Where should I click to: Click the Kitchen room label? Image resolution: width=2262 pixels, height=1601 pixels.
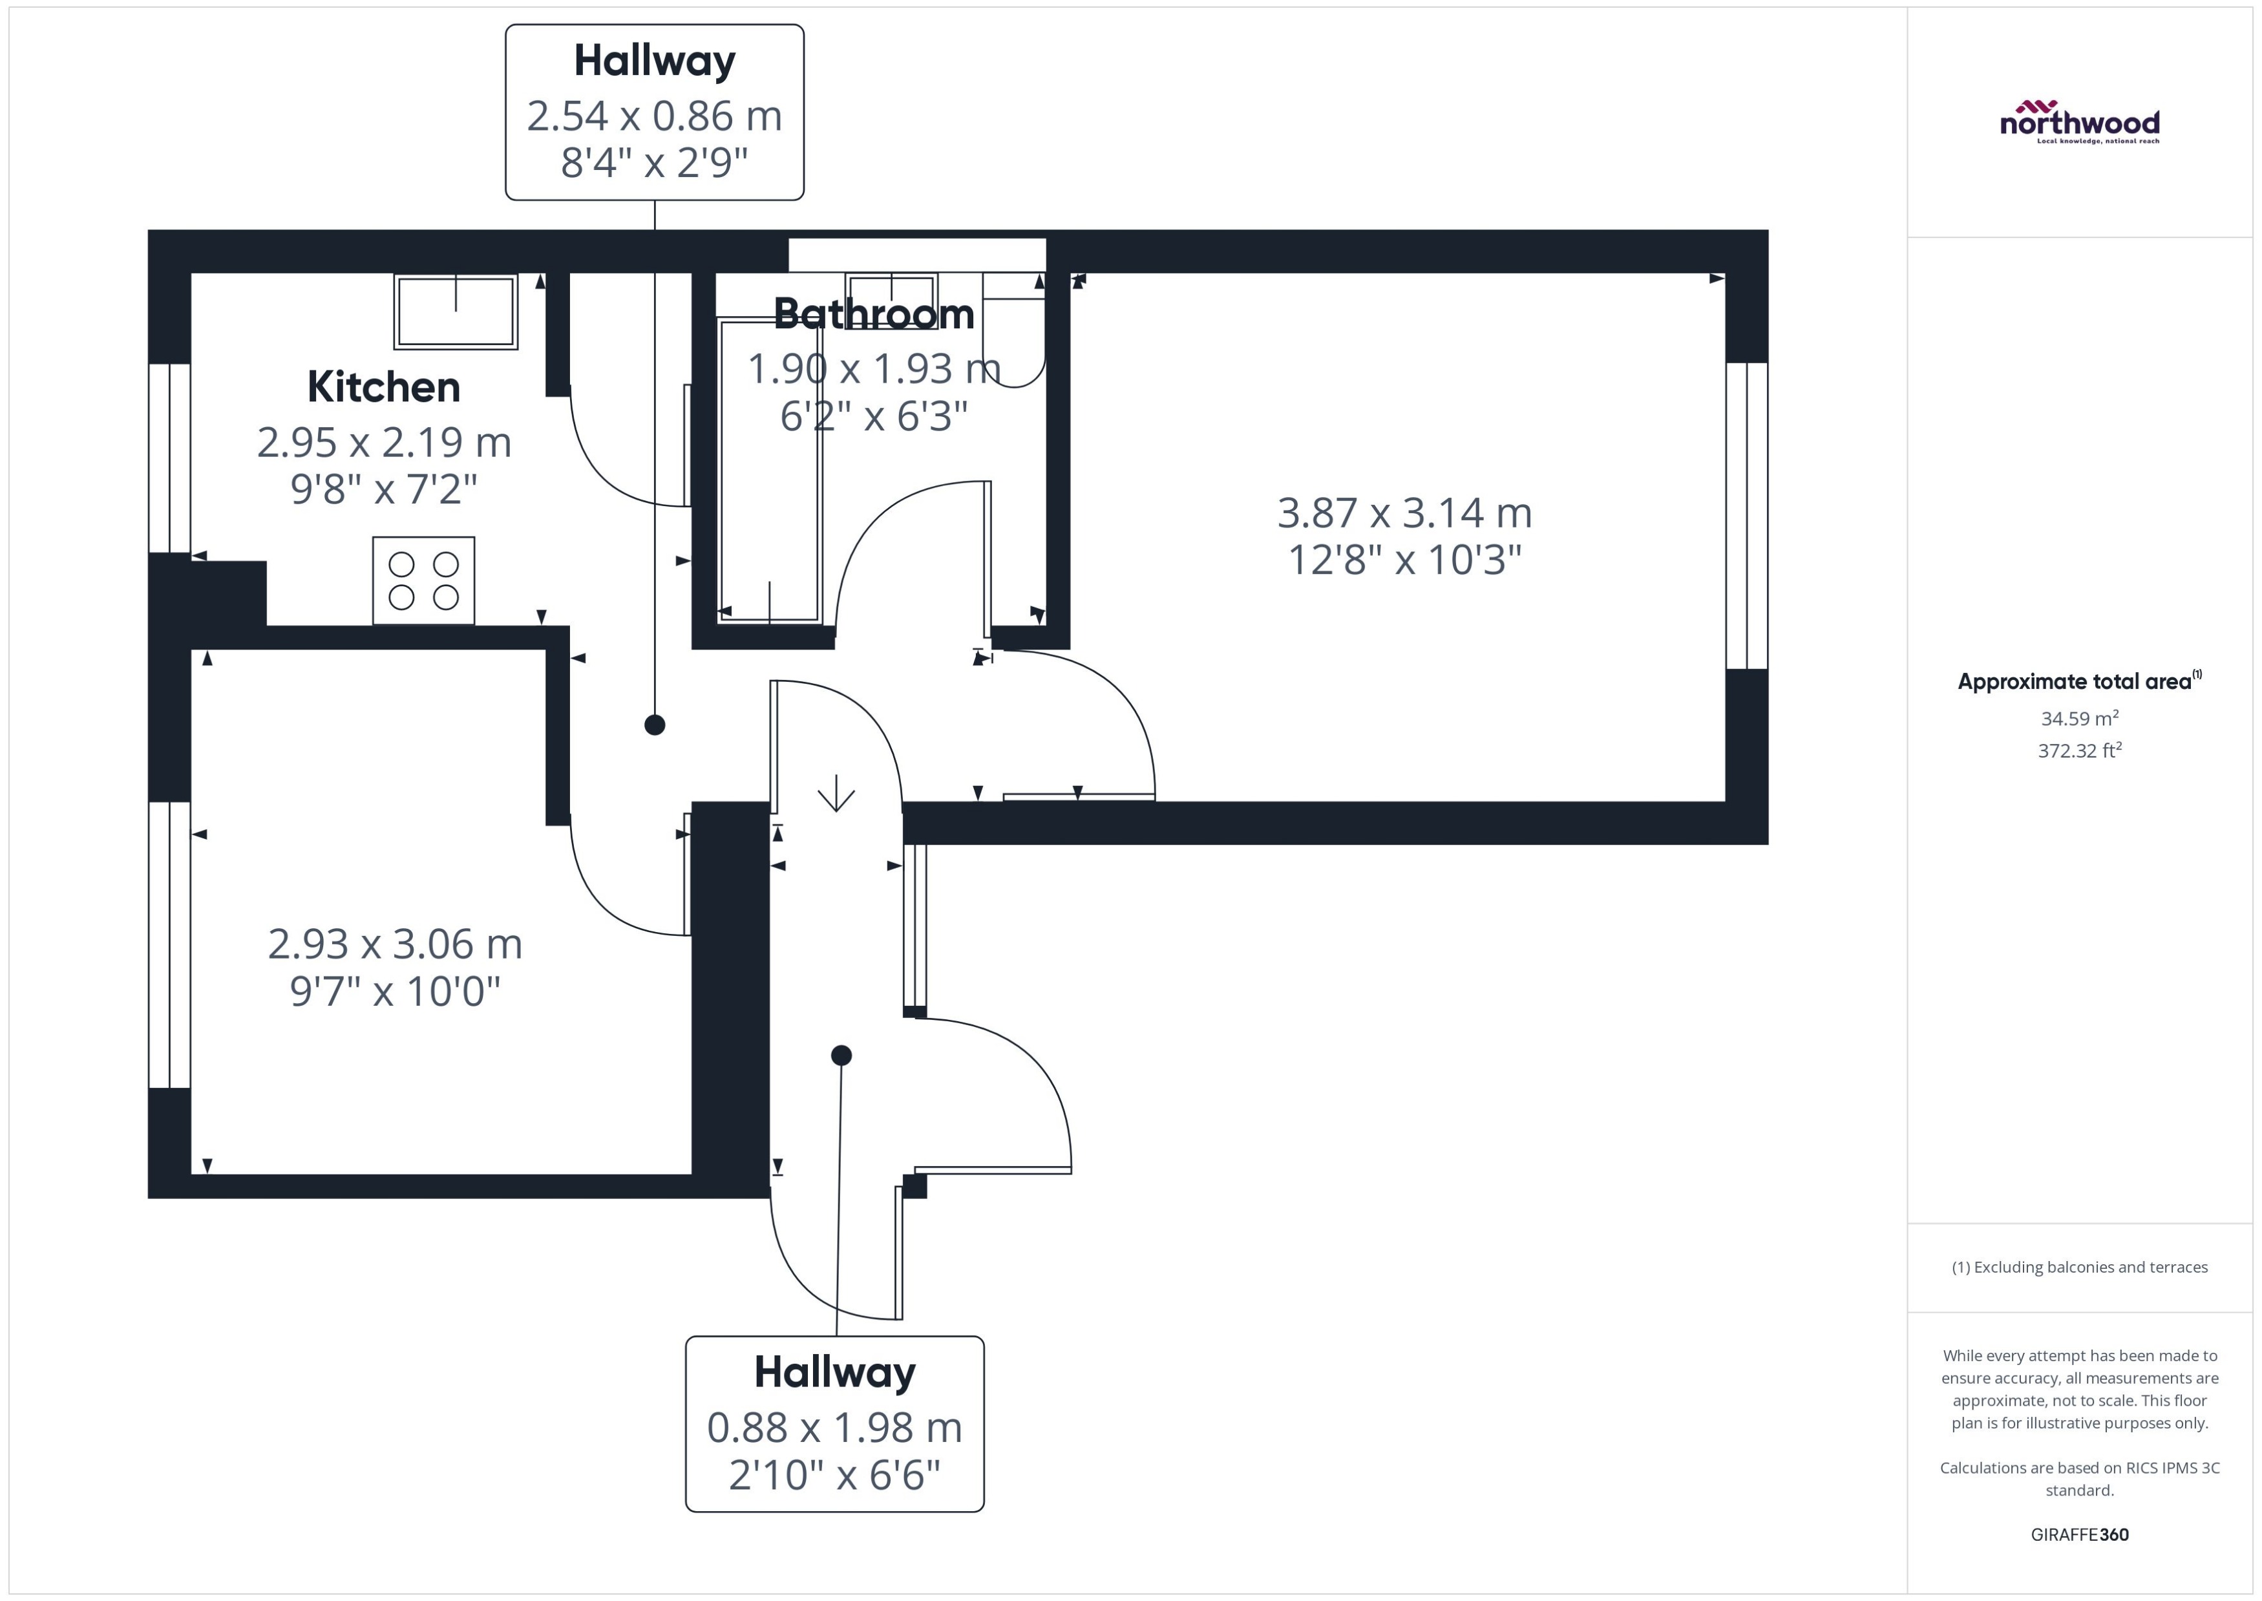pyautogui.click(x=383, y=387)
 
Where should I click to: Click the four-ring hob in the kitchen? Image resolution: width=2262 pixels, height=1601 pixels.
pyautogui.click(x=424, y=580)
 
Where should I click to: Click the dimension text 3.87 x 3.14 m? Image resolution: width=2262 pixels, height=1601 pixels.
pyautogui.click(x=1404, y=513)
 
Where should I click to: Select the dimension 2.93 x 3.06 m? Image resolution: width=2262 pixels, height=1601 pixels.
pyautogui.click(x=394, y=944)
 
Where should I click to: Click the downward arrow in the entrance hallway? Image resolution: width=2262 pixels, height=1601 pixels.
pyautogui.click(x=836, y=794)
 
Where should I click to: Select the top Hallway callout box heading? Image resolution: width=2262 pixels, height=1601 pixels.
pyautogui.click(x=655, y=61)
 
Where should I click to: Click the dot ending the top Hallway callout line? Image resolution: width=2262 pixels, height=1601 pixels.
pyautogui.click(x=655, y=725)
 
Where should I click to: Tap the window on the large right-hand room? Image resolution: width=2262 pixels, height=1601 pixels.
pyautogui.click(x=1746, y=516)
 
